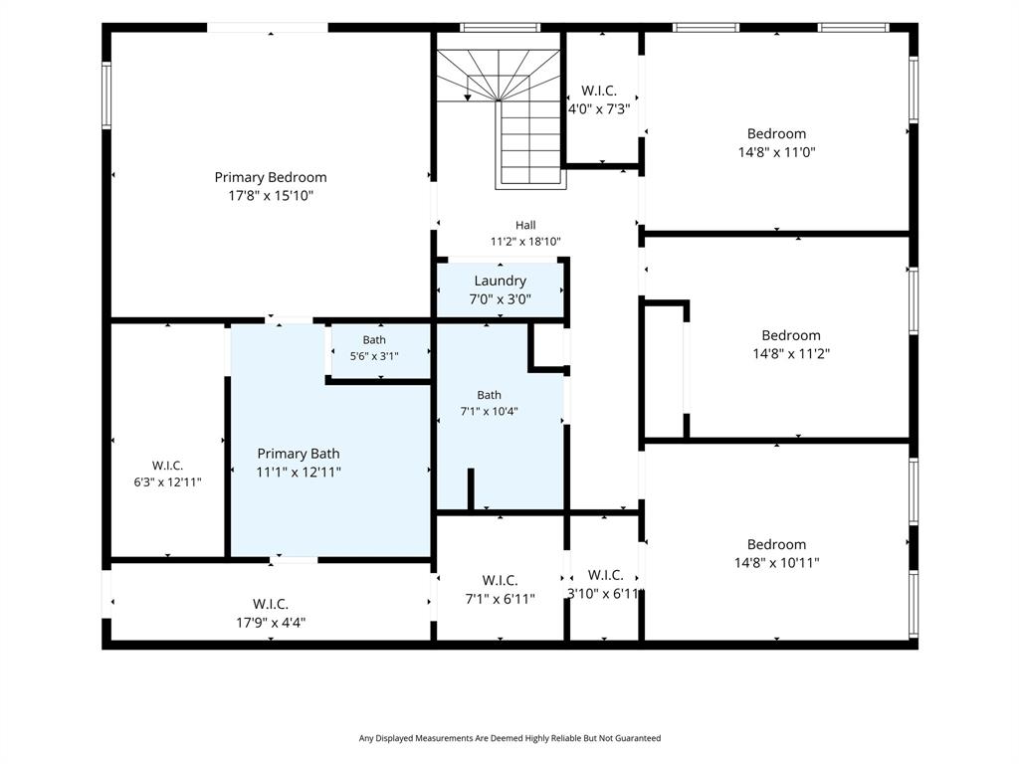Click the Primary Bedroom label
271,177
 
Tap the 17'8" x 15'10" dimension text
271,196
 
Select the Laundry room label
500,281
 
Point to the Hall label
525,225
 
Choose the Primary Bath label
299,454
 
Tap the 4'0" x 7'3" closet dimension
598,109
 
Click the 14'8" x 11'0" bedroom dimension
776,152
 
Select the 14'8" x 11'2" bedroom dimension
791,353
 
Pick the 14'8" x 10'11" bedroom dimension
776,563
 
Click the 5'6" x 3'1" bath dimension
374,356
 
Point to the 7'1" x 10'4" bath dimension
489,411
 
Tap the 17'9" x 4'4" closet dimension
271,623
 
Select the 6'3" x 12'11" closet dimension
167,482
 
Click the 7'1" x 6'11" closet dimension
500,598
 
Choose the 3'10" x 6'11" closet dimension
605,593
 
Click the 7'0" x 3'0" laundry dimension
500,298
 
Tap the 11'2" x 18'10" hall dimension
525,242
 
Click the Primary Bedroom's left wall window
106,95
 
